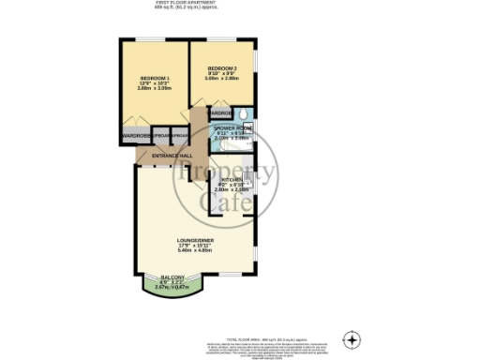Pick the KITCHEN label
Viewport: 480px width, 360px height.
coord(232,178)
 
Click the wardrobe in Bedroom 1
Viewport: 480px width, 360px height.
coord(134,135)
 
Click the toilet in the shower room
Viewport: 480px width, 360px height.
coord(243,114)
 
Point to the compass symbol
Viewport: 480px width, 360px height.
coord(352,338)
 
